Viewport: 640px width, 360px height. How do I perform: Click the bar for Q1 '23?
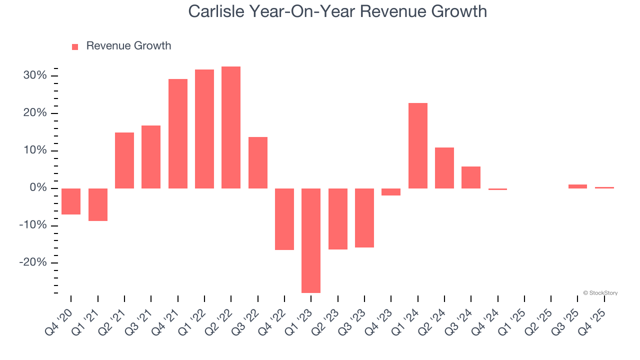[x=311, y=240]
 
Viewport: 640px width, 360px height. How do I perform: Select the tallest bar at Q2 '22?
[x=231, y=127]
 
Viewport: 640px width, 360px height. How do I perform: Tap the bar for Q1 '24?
[x=418, y=145]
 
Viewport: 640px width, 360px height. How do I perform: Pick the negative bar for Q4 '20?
[x=71, y=201]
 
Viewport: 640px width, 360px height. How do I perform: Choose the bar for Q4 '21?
[x=178, y=133]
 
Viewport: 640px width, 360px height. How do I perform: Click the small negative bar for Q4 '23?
[x=391, y=192]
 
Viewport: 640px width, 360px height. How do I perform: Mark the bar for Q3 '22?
[x=258, y=162]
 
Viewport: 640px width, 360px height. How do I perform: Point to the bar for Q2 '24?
[x=444, y=168]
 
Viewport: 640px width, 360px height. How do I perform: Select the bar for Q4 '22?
[x=284, y=219]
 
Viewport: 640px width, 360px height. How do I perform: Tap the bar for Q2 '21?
[x=124, y=160]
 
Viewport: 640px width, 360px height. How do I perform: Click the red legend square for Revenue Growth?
[x=75, y=46]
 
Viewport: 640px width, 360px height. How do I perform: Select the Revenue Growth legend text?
[x=128, y=46]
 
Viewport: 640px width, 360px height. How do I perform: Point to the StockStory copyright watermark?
[x=600, y=293]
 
